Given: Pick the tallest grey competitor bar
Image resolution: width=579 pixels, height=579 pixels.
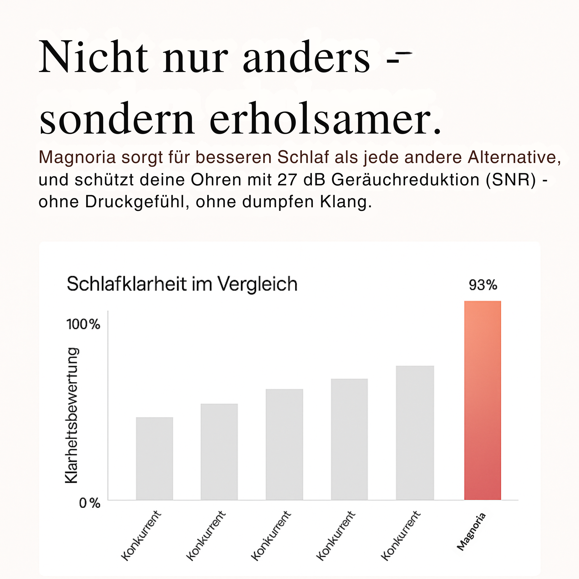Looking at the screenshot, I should (415, 433).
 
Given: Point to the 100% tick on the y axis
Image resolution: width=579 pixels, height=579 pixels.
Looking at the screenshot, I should (83, 324).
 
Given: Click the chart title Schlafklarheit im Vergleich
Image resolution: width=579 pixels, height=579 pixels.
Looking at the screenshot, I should (182, 284).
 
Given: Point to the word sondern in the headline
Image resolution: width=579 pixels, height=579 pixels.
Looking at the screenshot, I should (117, 119).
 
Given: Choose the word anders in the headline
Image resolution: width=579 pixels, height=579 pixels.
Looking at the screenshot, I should (306, 58).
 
